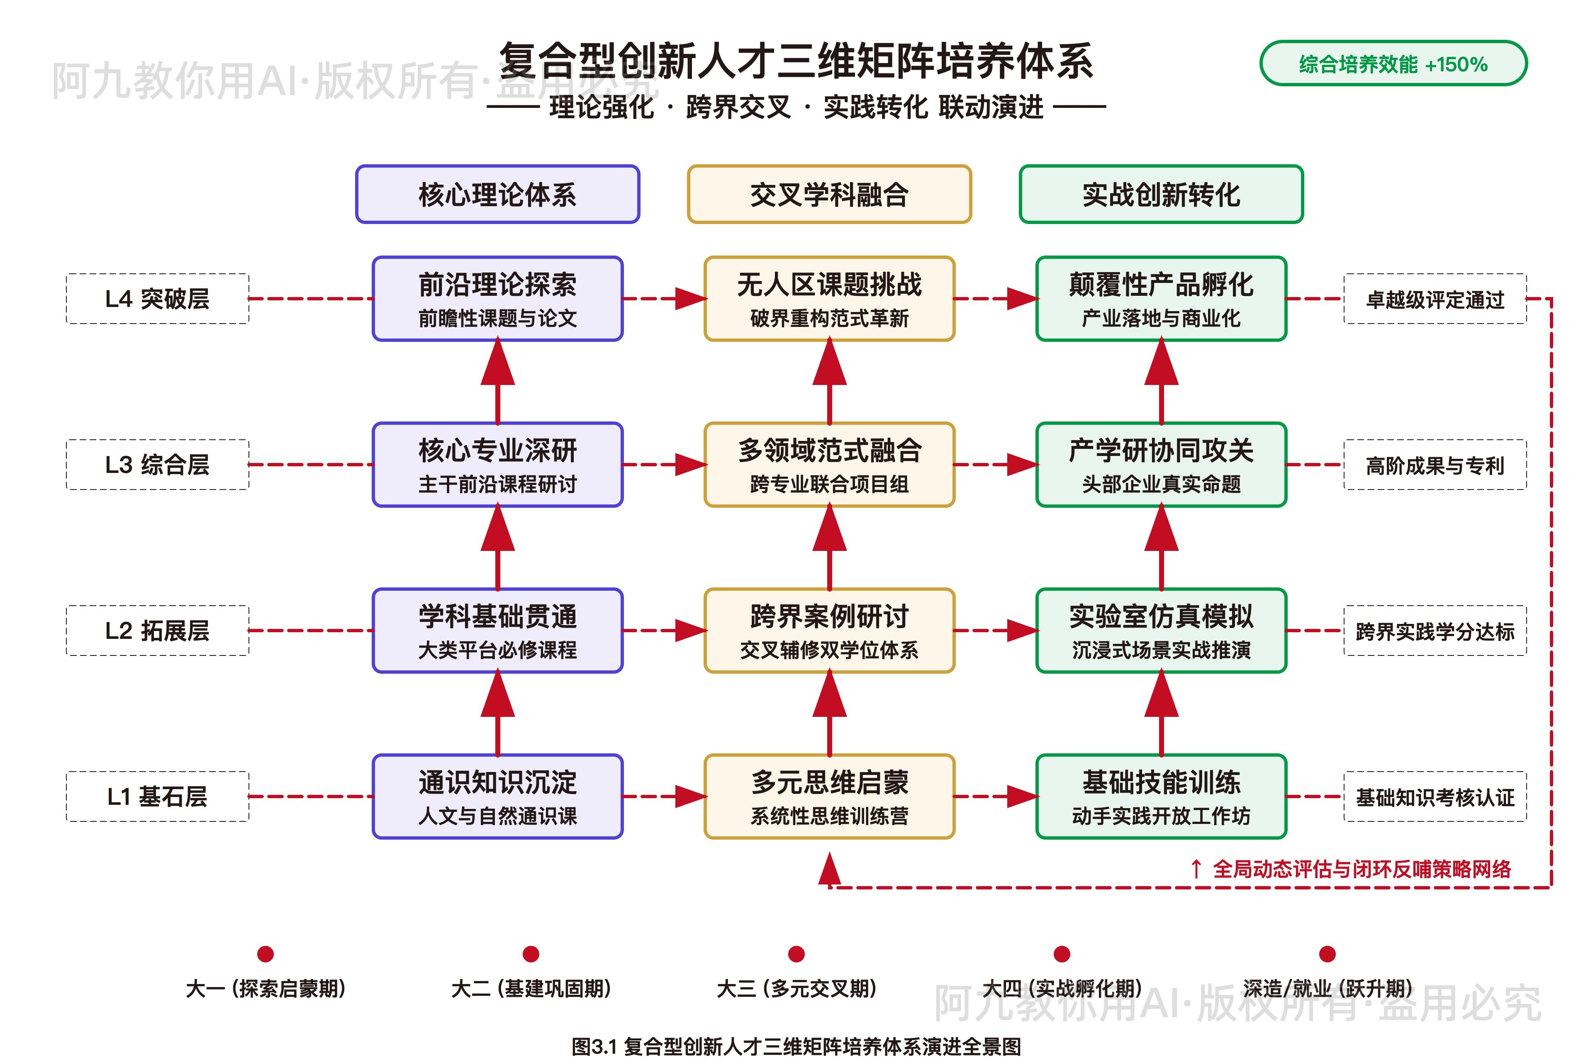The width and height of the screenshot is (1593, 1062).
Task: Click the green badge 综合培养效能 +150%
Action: pos(1393,63)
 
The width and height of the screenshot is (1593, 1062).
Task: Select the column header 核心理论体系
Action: pos(497,195)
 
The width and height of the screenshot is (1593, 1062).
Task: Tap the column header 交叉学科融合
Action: pos(829,195)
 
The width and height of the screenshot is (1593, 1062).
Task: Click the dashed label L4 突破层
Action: pos(157,299)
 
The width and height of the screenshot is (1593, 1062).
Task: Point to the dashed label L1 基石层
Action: pos(157,796)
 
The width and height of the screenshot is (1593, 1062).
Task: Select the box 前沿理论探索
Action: pos(497,299)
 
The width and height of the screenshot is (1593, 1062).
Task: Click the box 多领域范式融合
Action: pos(829,465)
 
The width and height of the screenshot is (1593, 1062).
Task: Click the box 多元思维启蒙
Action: pos(829,796)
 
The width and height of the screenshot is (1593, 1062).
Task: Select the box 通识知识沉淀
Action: pos(497,796)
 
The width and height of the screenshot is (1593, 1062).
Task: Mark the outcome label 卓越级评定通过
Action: pos(1435,299)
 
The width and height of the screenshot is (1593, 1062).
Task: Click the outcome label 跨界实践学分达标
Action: pos(1435,631)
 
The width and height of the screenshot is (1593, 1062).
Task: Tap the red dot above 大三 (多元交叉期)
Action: pos(796,954)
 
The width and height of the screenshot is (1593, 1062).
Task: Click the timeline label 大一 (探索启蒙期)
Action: pos(265,988)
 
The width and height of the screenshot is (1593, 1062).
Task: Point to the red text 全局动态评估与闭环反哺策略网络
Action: pos(1362,869)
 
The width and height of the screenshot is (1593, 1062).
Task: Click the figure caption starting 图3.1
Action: pos(796,1046)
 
